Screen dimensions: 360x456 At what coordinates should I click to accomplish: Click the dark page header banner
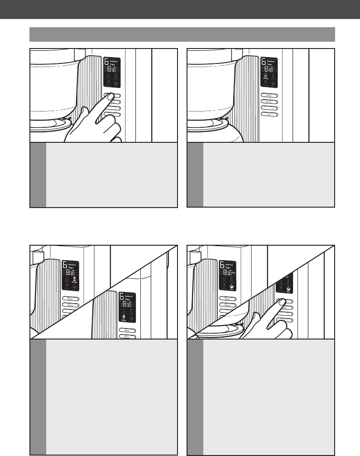[x=180, y=10]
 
